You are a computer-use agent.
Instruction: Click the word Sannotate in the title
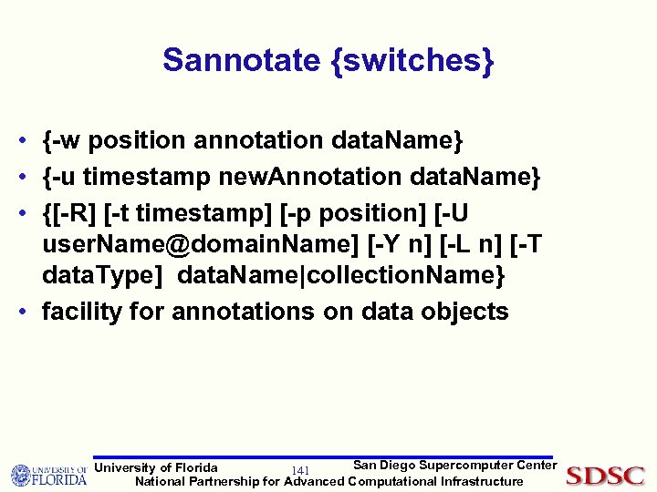tap(239, 60)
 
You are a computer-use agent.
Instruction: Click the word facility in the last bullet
tap(83, 312)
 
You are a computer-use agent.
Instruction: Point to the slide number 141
tap(300, 470)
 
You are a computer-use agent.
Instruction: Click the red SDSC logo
tap(605, 476)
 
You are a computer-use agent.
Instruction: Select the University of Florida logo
tap(48, 475)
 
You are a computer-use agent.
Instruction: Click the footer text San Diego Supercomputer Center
tap(454, 466)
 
